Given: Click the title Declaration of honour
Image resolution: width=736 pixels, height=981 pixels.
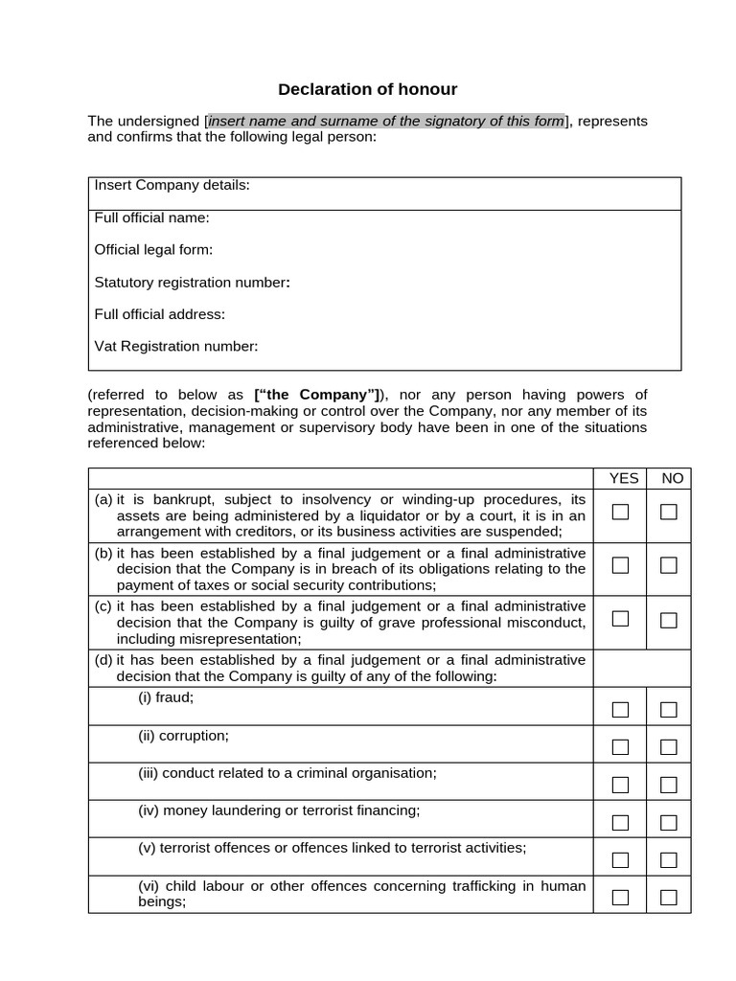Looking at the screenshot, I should point(367,90).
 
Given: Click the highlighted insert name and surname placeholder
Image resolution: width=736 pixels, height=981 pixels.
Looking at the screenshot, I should point(386,121).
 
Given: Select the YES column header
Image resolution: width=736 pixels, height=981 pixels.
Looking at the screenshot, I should point(623,478).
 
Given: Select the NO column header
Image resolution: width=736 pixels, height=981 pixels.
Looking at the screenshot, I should point(672,478).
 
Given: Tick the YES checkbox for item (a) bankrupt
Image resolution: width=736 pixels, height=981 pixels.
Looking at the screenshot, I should point(620,512).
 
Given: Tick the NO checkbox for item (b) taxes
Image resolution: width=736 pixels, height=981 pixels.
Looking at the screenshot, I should point(668,565).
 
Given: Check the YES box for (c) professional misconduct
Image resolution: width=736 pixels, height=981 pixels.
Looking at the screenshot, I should point(620,619).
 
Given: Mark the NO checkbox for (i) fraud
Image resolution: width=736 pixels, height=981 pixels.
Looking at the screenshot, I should point(668,710).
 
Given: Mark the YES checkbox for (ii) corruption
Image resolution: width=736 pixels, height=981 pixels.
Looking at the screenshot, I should point(620,747).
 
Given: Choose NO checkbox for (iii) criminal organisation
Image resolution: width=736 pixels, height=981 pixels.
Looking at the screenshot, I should point(668,785).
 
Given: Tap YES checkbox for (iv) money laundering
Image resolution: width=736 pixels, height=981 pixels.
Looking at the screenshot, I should point(620,822).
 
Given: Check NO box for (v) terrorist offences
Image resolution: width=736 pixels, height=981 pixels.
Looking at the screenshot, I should point(668,859).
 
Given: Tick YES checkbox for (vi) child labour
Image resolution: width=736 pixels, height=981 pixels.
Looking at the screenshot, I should point(620,898).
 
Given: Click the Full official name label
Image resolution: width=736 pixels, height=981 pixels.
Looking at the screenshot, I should point(151,217).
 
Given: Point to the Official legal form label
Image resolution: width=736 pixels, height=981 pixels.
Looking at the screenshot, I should point(153,250).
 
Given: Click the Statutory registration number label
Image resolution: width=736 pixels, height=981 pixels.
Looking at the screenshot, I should point(192,283).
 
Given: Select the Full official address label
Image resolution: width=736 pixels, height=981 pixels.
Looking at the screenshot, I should point(159,314).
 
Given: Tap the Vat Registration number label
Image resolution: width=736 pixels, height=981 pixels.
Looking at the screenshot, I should point(175,346).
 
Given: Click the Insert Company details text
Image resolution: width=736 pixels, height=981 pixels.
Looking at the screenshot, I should point(172,185).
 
